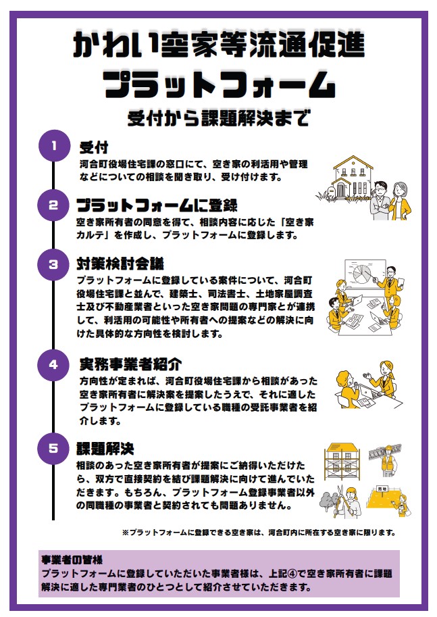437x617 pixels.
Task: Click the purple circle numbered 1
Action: tap(54, 145)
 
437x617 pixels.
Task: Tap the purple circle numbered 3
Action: tap(53, 264)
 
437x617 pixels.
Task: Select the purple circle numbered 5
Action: tap(53, 449)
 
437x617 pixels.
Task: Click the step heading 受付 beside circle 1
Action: tap(94, 147)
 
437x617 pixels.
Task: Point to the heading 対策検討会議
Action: tap(120, 264)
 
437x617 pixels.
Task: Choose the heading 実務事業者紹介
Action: tap(130, 364)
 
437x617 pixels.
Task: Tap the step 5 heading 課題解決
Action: tap(105, 449)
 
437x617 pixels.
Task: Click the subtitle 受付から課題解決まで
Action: tap(219, 118)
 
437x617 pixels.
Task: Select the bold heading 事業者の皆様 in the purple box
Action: tap(72, 559)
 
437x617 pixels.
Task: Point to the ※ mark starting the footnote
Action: tap(126, 533)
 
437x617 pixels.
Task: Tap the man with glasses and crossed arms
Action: tap(380, 201)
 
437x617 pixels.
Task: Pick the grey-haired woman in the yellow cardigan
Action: tap(400, 201)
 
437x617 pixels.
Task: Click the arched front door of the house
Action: tap(340, 190)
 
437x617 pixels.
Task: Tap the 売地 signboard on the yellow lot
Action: tap(382, 489)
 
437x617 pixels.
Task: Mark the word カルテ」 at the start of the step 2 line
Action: tap(95, 235)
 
